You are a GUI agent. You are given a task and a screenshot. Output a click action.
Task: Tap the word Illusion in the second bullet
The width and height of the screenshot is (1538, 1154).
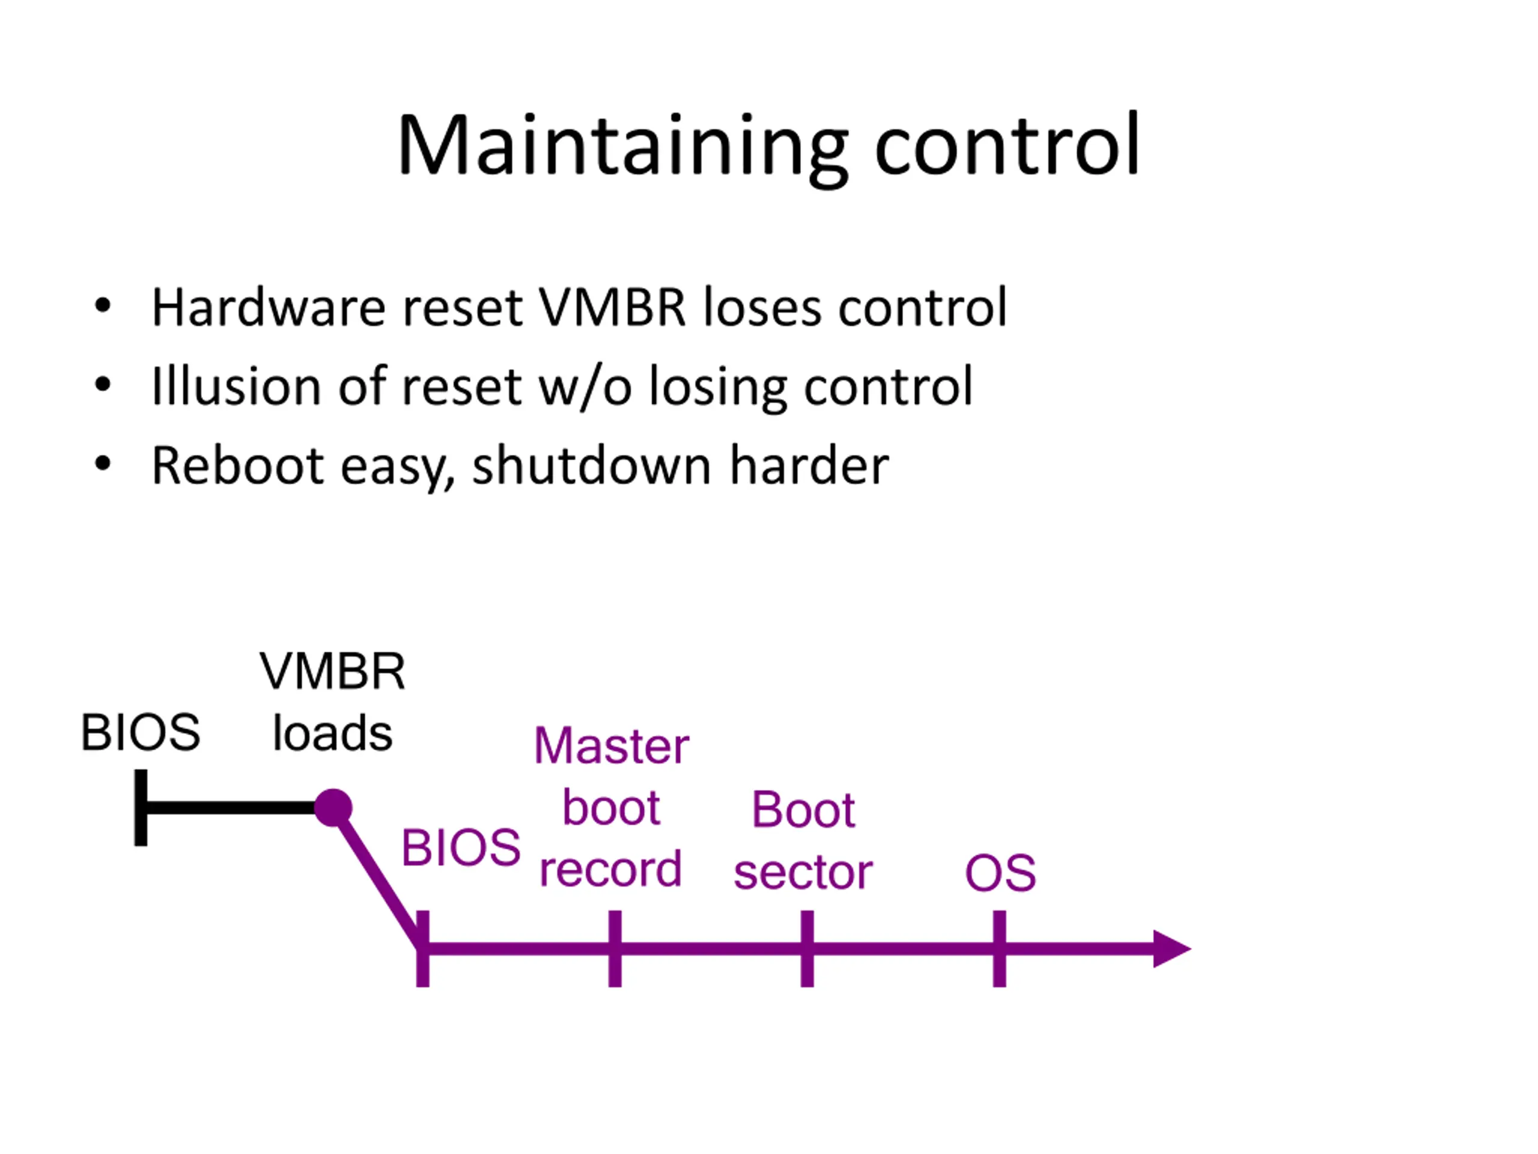(x=236, y=385)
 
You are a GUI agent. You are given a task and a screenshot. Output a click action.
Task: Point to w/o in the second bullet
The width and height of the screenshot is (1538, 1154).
(x=585, y=386)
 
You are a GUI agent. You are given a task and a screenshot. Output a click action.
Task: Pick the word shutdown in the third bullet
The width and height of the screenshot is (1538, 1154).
(x=592, y=464)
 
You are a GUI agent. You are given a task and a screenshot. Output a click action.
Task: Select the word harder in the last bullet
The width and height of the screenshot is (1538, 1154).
(x=809, y=464)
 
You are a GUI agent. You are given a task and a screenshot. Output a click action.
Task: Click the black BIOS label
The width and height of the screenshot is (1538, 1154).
(x=141, y=733)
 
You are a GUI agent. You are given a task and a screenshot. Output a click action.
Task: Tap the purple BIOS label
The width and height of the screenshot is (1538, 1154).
(x=461, y=848)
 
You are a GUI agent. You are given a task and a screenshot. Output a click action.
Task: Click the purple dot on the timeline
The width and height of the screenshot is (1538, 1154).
(x=333, y=808)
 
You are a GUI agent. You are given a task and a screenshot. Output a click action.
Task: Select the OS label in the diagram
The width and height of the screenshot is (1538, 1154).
(x=1000, y=873)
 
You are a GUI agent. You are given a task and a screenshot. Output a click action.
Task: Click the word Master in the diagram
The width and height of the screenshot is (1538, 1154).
(x=611, y=746)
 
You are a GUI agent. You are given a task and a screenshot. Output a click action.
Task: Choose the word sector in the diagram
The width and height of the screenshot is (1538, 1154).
(x=803, y=872)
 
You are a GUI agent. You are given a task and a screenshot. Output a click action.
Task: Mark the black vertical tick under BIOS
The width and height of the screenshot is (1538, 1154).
(x=141, y=808)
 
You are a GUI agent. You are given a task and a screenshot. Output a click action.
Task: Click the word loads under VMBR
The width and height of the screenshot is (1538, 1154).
(x=332, y=733)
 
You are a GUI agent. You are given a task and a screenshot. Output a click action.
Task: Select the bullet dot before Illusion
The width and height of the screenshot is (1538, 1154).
(x=103, y=385)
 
